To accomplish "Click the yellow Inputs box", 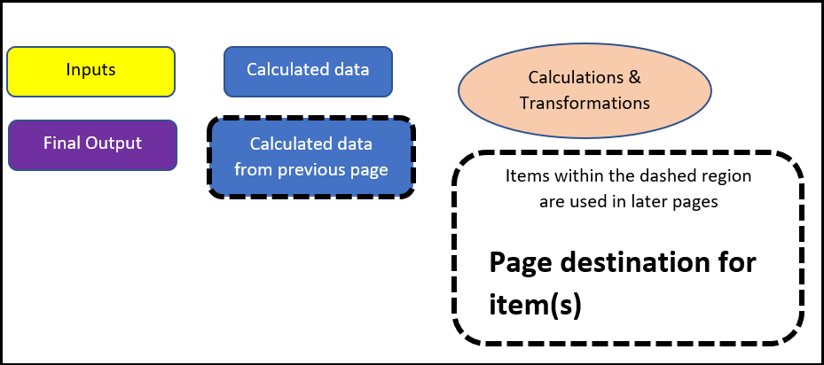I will pos(91,71).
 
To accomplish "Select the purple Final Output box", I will pos(92,144).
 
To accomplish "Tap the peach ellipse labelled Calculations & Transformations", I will pos(585,90).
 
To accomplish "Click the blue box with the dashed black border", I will pos(310,157).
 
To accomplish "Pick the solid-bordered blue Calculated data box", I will pos(308,70).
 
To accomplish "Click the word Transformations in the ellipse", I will pos(585,103).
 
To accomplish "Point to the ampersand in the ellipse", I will pos(634,77).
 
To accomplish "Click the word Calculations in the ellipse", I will pos(577,77).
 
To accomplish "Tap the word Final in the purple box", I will pos(61,144).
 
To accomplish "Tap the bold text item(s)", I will pos(535,305).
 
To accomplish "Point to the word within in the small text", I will pos(574,176).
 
